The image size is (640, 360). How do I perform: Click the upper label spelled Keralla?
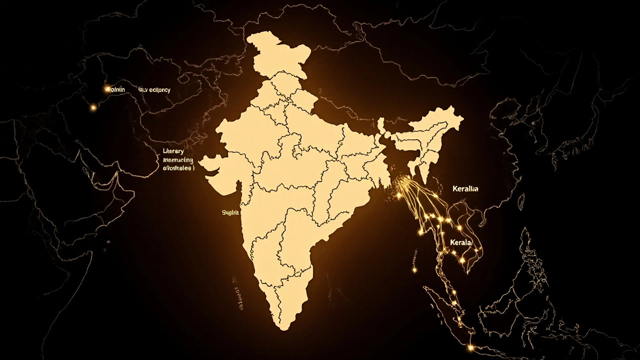coord(465,189)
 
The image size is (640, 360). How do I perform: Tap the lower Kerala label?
coord(460,242)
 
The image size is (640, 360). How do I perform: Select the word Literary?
coord(173,150)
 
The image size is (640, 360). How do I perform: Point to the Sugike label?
coord(231,212)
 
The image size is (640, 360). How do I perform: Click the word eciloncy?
coord(154,90)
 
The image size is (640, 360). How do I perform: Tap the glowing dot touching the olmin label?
coord(107,89)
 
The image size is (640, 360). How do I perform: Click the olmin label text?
coord(118,89)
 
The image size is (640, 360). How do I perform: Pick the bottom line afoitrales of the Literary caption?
coord(178,169)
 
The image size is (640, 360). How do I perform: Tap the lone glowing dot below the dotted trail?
coord(414,270)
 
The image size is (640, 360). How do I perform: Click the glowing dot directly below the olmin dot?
coord(92,107)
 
